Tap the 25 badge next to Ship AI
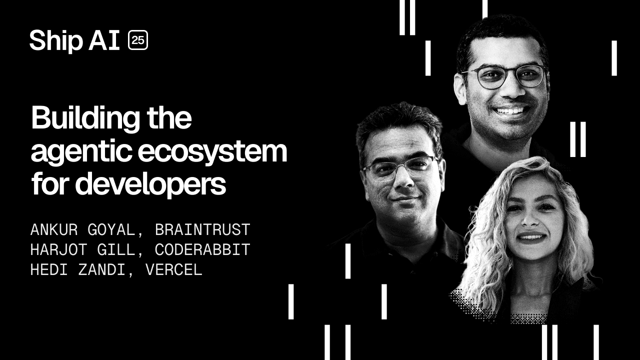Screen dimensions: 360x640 pyautogui.click(x=138, y=40)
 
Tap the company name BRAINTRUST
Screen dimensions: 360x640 pyautogui.click(x=202, y=230)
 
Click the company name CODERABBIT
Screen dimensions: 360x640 pyautogui.click(x=202, y=250)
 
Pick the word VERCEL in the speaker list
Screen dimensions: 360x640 pyautogui.click(x=173, y=270)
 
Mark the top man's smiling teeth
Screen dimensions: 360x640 pyautogui.click(x=510, y=110)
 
